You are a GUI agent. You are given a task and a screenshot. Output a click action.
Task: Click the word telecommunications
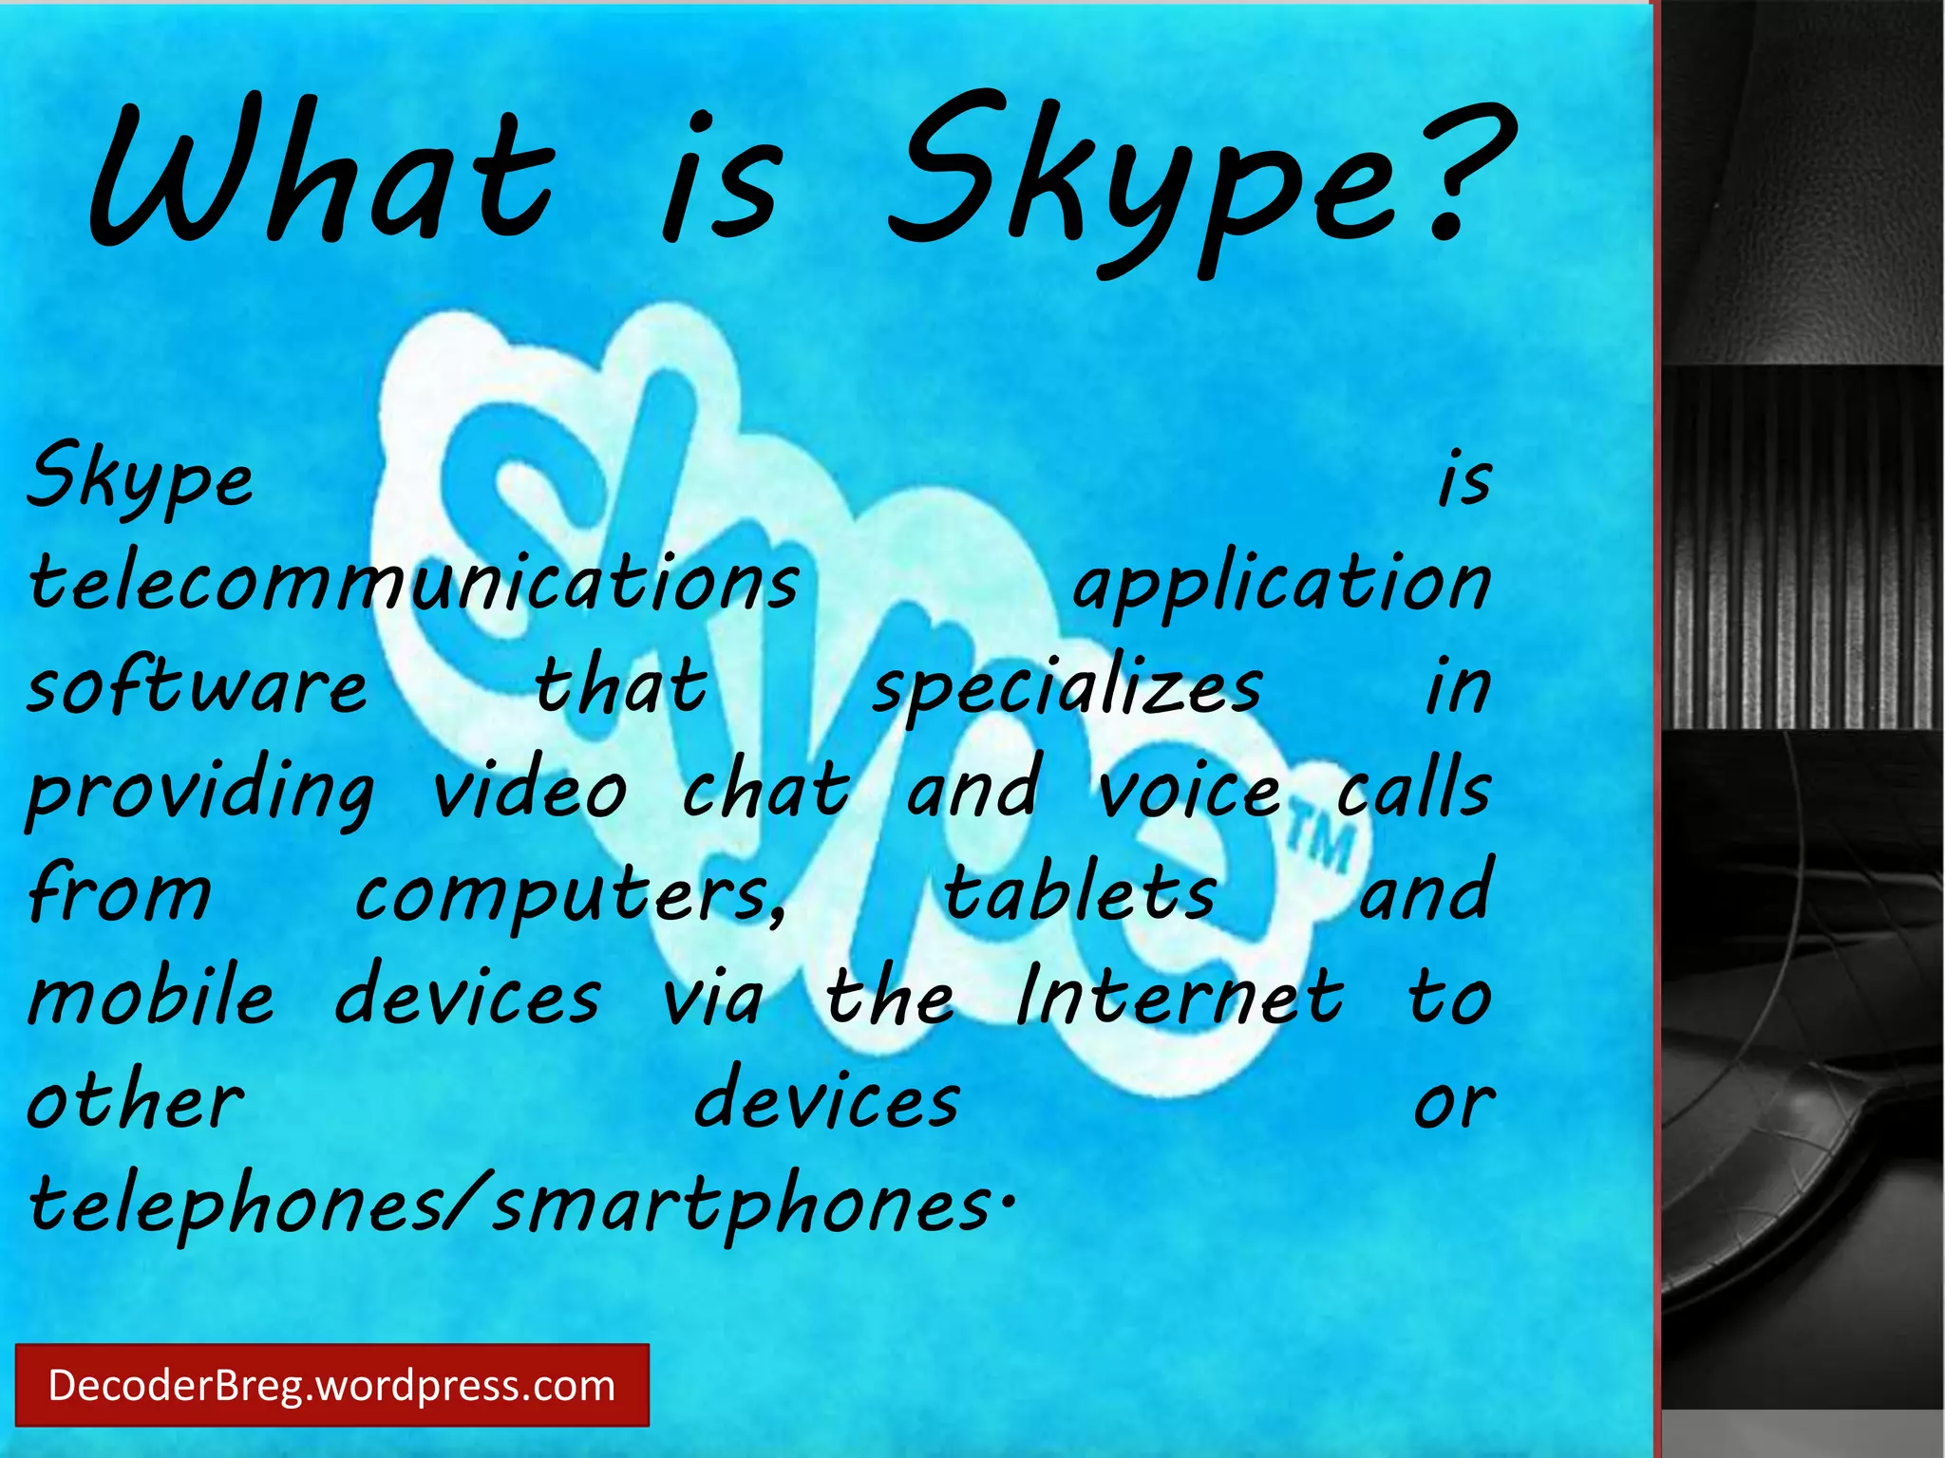[414, 581]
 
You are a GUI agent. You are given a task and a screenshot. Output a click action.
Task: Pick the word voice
[1189, 790]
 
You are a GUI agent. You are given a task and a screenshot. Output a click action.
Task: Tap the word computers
[570, 894]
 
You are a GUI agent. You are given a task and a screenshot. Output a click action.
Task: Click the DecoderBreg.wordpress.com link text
[331, 1386]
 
